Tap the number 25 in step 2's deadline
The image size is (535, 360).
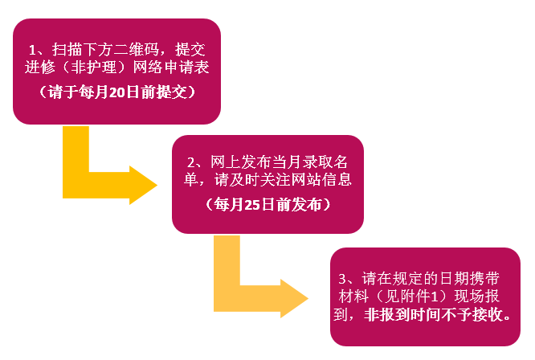pos(252,205)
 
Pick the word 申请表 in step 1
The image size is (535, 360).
pos(186,67)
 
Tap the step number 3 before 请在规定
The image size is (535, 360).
pos(343,278)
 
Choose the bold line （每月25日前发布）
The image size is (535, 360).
pos(267,205)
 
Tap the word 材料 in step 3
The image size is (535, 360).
pos(352,296)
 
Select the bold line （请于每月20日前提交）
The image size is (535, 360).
pos(117,91)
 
